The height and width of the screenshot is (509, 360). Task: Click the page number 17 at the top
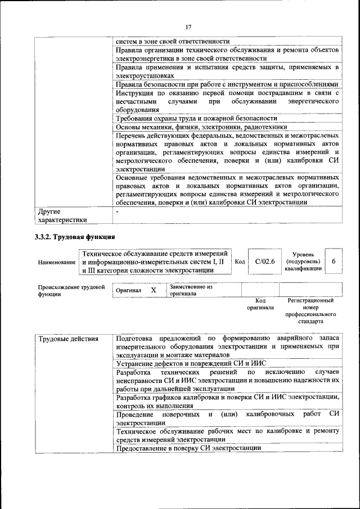pos(188,26)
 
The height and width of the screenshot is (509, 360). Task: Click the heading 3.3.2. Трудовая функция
pos(75,237)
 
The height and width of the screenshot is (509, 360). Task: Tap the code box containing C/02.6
pos(264,262)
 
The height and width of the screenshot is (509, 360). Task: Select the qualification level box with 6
pos(334,262)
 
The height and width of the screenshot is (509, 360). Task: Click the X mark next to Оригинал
pos(153,290)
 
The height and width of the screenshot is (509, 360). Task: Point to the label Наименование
pos(57,262)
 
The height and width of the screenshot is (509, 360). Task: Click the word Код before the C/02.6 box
pos(240,262)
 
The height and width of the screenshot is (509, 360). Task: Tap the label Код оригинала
pos(260,304)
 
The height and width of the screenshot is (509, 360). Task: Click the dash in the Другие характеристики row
pos(117,212)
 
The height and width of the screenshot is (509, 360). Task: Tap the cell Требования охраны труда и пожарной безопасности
pos(196,119)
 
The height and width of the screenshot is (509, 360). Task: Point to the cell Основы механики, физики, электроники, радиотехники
pos(201,127)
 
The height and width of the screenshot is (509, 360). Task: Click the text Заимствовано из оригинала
pos(191,290)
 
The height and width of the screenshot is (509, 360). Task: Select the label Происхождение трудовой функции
pos(71,290)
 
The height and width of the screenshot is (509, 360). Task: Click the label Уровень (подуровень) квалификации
pos(303,262)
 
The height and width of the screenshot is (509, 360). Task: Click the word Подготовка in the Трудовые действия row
pos(137,339)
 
